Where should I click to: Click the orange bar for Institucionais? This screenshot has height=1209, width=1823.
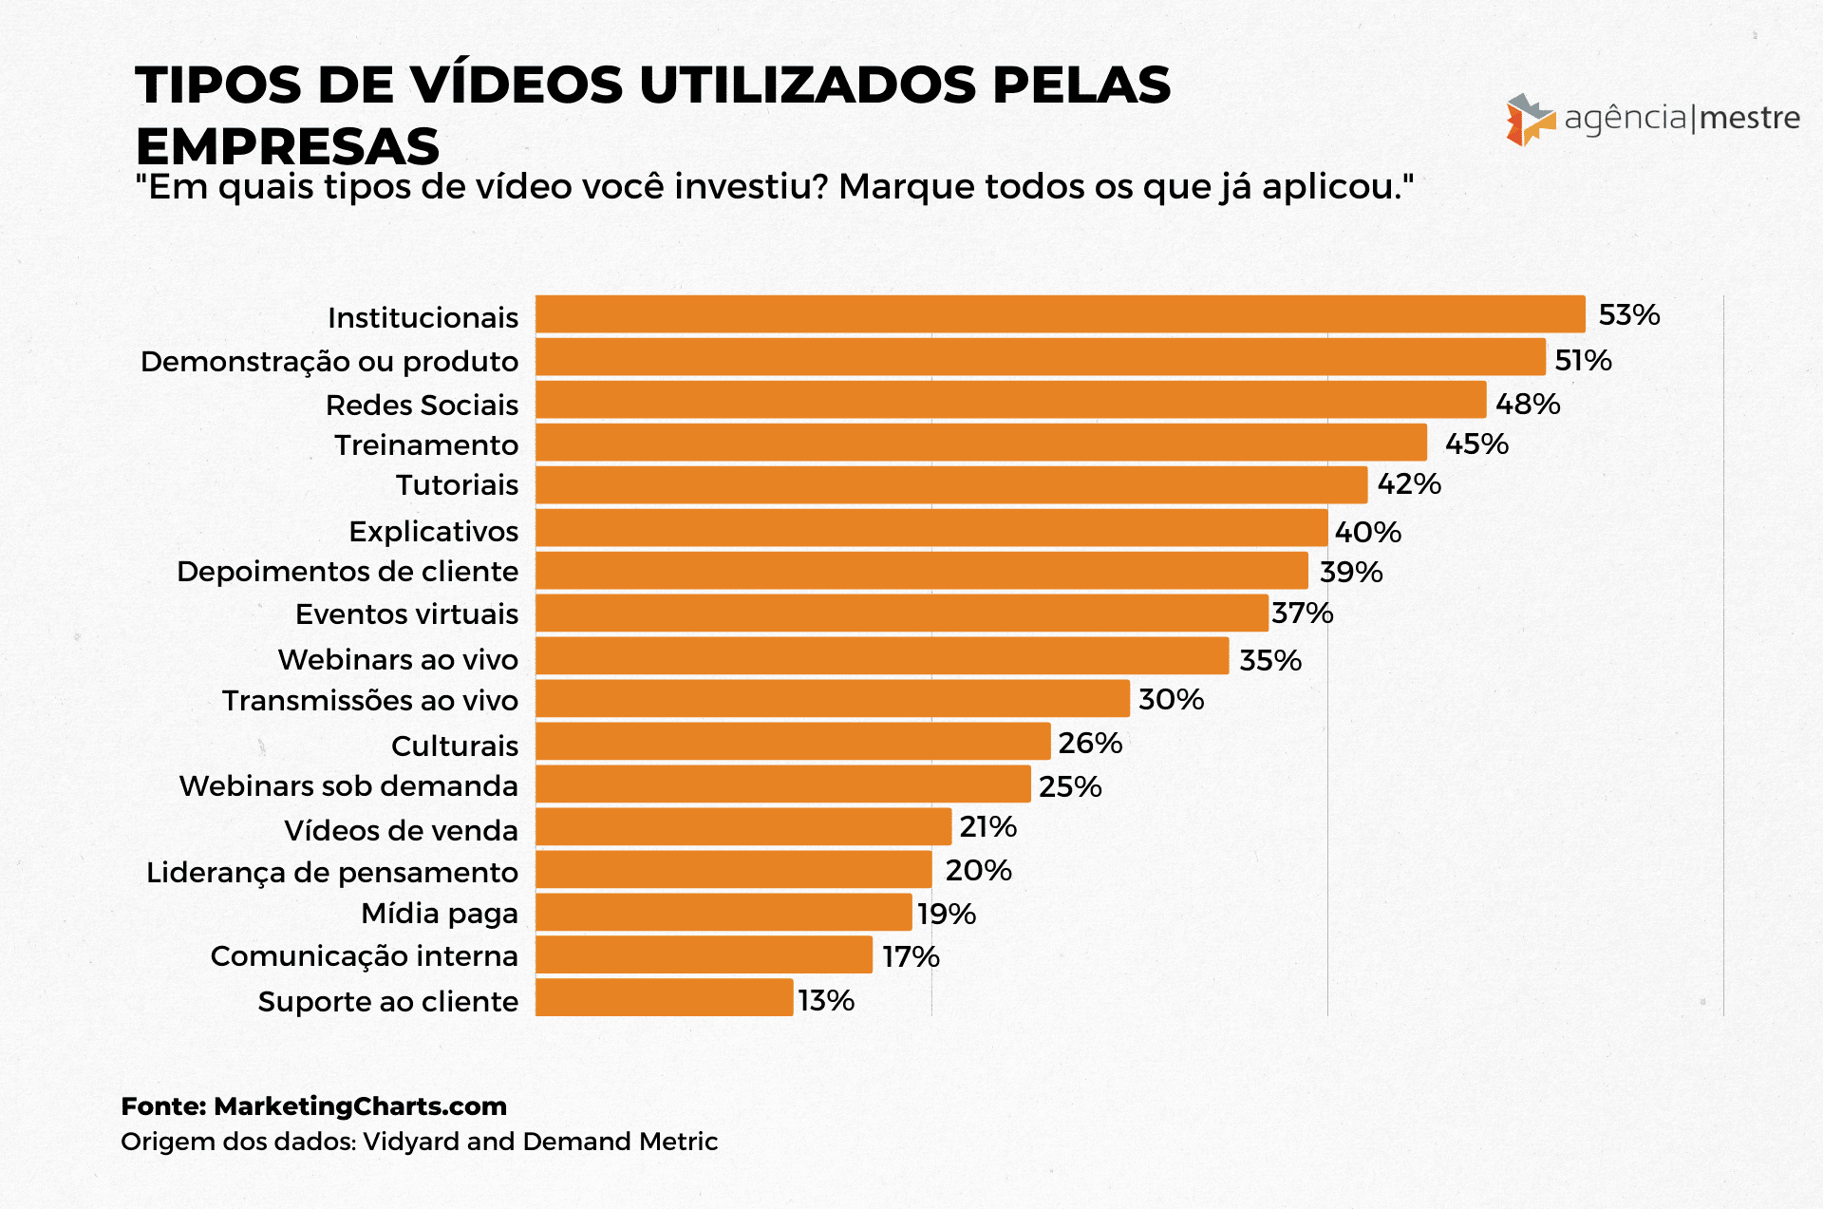[1060, 314]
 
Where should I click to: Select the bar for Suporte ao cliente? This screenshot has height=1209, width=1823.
[664, 998]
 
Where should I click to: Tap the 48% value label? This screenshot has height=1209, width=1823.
[1527, 404]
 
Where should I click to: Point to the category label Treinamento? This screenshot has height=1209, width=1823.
[426, 444]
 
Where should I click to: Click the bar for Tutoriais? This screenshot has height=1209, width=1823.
[951, 485]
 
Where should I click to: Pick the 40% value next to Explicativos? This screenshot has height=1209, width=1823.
[1367, 532]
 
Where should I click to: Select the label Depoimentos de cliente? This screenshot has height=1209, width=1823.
[348, 572]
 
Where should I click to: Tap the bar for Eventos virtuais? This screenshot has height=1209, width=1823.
[902, 614]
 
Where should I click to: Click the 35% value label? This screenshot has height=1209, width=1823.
[1269, 660]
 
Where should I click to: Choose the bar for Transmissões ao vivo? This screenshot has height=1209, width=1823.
[833, 699]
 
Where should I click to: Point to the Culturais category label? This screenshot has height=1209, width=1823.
[455, 746]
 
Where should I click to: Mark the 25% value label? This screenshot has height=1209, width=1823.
[1069, 786]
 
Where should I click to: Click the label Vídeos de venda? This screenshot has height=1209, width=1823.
[402, 830]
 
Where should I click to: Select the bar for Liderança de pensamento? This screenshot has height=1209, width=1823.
[733, 870]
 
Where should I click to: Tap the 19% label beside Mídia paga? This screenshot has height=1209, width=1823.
[946, 914]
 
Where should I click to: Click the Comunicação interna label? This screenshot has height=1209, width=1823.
[364, 955]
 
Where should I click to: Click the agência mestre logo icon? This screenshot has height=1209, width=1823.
[1530, 120]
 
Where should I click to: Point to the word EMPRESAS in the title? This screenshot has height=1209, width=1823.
[288, 147]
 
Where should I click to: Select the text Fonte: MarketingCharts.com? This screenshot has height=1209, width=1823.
[313, 1106]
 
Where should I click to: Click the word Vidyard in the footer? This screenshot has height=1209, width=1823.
[411, 1142]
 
